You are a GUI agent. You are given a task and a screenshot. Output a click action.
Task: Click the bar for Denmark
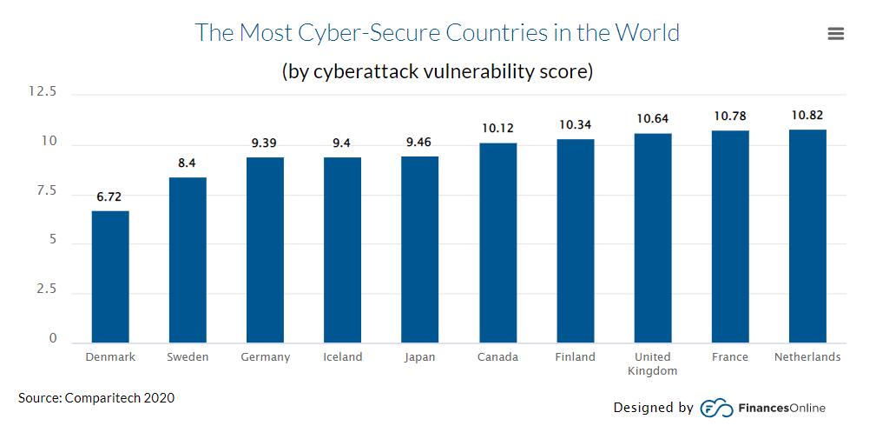pos(110,276)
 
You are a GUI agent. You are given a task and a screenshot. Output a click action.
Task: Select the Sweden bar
pos(188,260)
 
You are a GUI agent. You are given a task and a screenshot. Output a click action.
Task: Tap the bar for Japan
pos(419,249)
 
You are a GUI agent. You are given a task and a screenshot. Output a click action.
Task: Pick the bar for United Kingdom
pos(652,237)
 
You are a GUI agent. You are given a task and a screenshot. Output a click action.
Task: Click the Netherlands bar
pos(807,236)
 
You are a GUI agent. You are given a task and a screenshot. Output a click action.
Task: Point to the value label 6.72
pos(109,197)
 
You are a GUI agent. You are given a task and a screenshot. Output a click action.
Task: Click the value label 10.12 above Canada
pos(497,129)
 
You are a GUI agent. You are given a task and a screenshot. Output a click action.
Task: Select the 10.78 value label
pos(730,116)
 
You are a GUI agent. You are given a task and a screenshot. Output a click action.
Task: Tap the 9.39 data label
pos(264,143)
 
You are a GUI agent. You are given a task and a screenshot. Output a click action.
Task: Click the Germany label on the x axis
pos(265,357)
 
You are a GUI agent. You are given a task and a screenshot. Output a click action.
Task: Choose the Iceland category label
pos(342,357)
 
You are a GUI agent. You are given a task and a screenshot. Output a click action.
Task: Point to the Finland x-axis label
pos(575,357)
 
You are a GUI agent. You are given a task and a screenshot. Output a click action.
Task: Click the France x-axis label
pos(730,357)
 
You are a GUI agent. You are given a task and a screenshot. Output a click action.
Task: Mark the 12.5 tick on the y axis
pos(42,91)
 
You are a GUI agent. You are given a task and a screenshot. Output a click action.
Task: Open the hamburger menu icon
pos(836,34)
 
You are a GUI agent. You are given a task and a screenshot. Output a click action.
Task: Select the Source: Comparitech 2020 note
pos(96,398)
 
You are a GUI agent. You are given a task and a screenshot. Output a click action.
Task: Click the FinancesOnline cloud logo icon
pos(716,408)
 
